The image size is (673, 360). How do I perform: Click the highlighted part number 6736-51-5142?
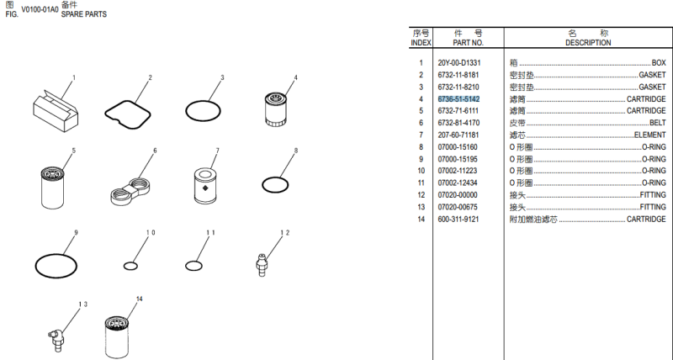[458, 99]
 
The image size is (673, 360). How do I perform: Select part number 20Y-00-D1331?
[459, 63]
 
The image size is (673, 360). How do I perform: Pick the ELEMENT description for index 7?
[649, 135]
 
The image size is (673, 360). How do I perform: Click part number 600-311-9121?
[458, 220]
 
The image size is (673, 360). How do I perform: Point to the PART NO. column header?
[469, 43]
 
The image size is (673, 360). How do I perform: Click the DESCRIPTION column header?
[588, 43]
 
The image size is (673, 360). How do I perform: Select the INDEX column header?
[421, 43]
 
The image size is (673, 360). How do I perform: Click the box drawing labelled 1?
[56, 111]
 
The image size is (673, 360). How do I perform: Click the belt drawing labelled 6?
[131, 190]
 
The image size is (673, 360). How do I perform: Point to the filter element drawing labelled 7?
[205, 185]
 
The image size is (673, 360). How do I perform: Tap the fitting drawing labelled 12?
[262, 264]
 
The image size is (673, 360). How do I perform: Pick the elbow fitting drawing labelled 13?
[56, 339]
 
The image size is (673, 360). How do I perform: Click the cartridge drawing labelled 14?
[116, 336]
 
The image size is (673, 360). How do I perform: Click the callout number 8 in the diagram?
[296, 151]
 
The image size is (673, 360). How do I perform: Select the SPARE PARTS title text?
[83, 14]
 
